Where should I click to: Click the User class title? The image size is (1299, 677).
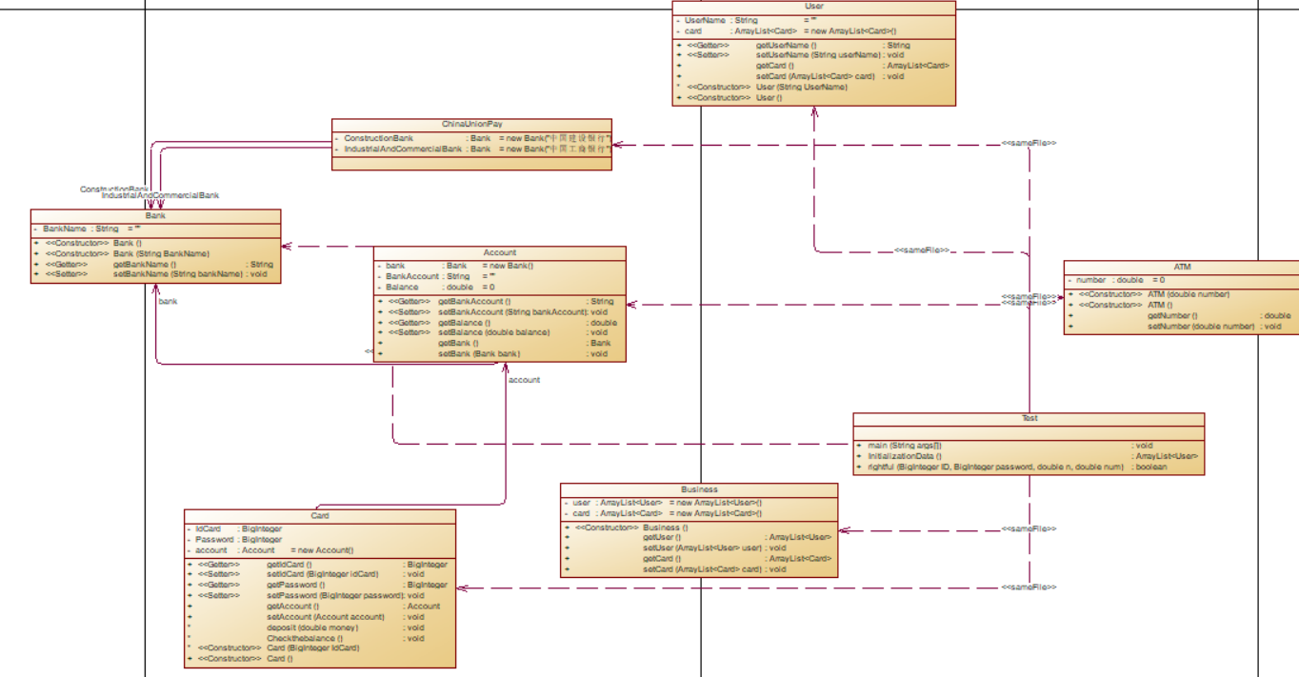pyautogui.click(x=813, y=7)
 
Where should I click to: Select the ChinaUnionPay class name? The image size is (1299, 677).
pyautogui.click(x=471, y=124)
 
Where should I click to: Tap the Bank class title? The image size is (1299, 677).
pyautogui.click(x=155, y=216)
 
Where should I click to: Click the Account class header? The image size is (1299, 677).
pyautogui.click(x=499, y=252)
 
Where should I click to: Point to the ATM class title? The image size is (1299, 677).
pyautogui.click(x=1182, y=267)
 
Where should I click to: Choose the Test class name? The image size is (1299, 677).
pyautogui.click(x=1029, y=418)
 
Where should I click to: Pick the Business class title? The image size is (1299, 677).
pyautogui.click(x=699, y=489)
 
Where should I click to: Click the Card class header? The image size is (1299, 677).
pyautogui.click(x=320, y=516)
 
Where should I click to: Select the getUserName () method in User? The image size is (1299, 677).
pyautogui.click(x=787, y=45)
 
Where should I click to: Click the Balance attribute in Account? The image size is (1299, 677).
pyautogui.click(x=402, y=287)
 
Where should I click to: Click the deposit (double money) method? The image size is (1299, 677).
pyautogui.click(x=312, y=627)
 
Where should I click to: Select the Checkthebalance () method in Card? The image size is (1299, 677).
pyautogui.click(x=305, y=638)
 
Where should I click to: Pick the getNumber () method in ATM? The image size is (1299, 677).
pyautogui.click(x=1171, y=315)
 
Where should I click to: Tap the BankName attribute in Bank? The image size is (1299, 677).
pyautogui.click(x=66, y=229)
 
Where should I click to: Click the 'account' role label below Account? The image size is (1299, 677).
pyautogui.click(x=524, y=380)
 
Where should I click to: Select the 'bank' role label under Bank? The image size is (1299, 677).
pyautogui.click(x=168, y=301)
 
